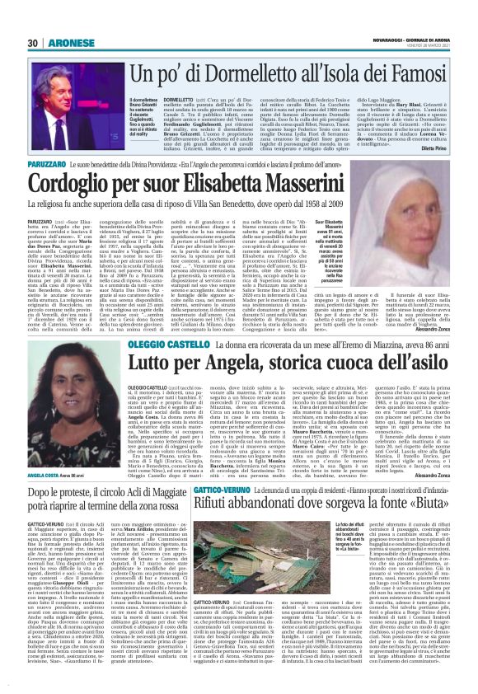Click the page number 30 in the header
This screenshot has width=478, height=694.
click(33, 43)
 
